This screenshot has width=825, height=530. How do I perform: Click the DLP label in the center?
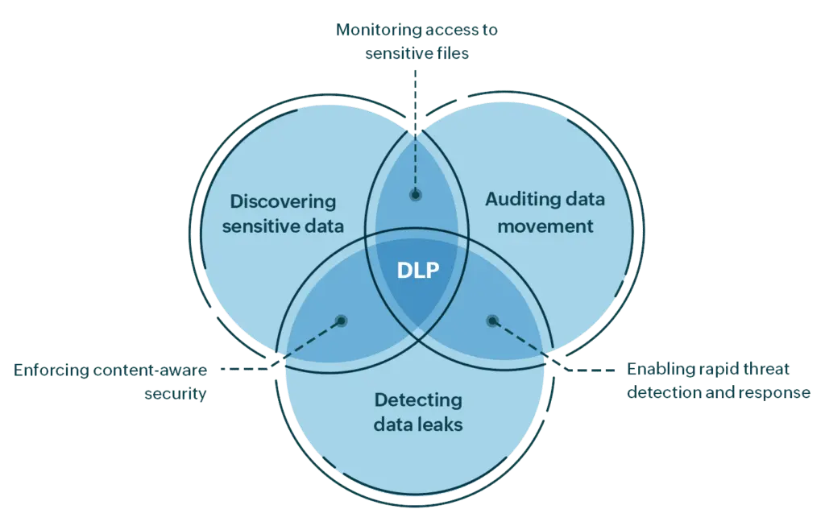point(418,271)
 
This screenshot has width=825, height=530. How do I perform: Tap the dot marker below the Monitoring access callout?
point(416,194)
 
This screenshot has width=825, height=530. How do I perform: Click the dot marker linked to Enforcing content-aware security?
point(342,321)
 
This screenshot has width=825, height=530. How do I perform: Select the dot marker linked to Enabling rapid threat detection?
point(492,321)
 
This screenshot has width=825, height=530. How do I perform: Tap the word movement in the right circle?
point(545,226)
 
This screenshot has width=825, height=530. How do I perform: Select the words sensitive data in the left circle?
point(282,226)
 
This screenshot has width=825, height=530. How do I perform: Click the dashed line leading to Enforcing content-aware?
point(242,370)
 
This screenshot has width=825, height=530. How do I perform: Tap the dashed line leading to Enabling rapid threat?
point(592,371)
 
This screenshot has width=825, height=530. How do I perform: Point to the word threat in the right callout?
point(766,369)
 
